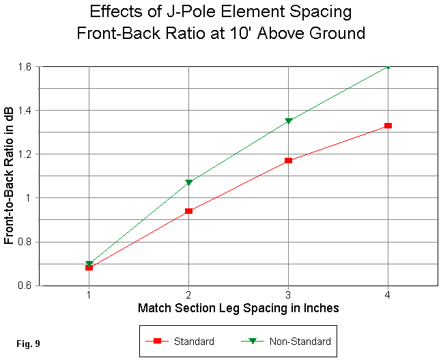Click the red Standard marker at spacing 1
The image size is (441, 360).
click(x=89, y=268)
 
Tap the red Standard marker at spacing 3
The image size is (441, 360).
click(x=289, y=161)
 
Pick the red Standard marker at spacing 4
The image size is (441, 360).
click(x=388, y=126)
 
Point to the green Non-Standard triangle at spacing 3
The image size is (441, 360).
click(x=289, y=121)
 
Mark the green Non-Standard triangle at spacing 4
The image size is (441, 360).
click(x=388, y=67)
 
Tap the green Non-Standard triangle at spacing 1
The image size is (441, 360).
click(x=89, y=263)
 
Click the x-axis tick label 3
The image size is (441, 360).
click(x=289, y=294)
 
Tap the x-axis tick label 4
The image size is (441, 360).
click(x=388, y=294)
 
